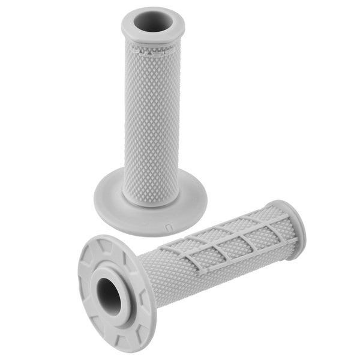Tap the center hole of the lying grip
pos(109,295)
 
